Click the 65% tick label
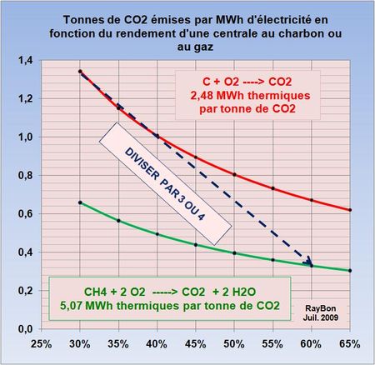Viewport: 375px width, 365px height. (349, 342)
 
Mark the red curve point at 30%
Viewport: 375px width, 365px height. (79, 72)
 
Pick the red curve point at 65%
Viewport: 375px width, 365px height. (349, 210)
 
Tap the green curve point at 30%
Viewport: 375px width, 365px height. (79, 202)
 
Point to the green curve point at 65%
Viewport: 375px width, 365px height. (349, 271)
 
